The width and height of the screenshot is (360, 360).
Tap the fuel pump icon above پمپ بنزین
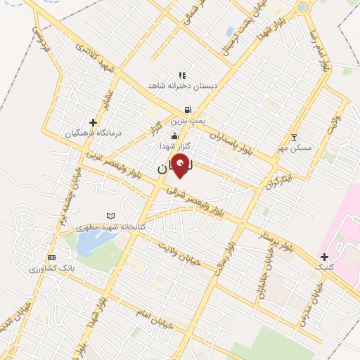point(186,110)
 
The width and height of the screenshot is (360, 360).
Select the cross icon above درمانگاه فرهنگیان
point(93,122)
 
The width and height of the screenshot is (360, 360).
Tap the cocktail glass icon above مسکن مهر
point(294,136)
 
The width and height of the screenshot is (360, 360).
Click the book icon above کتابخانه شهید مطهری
point(110,216)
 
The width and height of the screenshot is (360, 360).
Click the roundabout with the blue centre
point(304,8)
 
